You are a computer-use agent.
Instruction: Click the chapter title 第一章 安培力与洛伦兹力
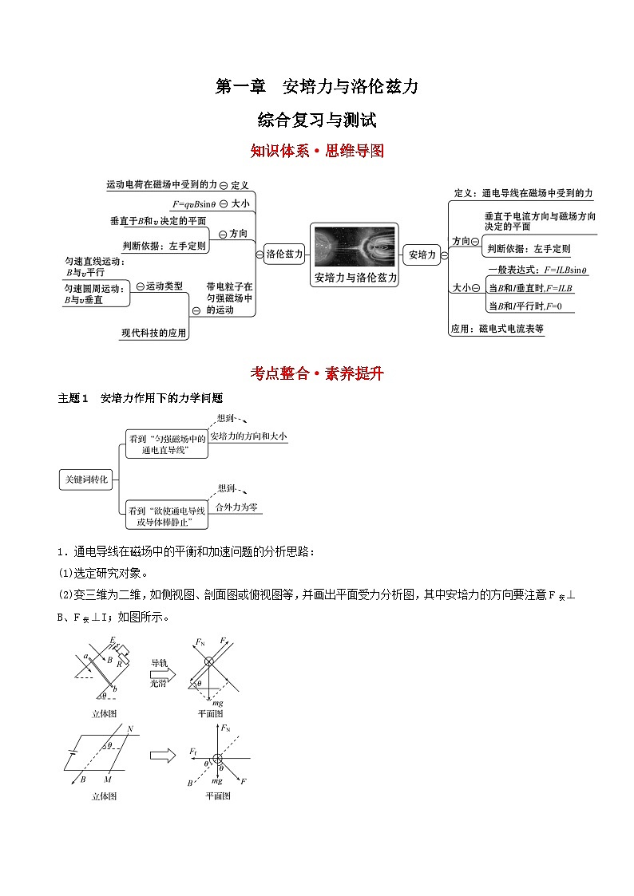317,87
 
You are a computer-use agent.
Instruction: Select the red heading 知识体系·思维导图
317,151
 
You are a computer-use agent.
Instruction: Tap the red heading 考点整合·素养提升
317,373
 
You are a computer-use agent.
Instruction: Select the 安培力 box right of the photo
422,255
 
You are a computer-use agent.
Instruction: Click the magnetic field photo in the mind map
355,246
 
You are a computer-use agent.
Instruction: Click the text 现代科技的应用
154,333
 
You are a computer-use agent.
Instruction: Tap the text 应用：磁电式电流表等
497,328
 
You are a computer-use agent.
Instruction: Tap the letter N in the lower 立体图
129,728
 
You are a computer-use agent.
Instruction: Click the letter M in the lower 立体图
107,778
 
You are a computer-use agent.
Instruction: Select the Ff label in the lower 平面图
194,751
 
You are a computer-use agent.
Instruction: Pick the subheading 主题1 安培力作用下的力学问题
140,398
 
